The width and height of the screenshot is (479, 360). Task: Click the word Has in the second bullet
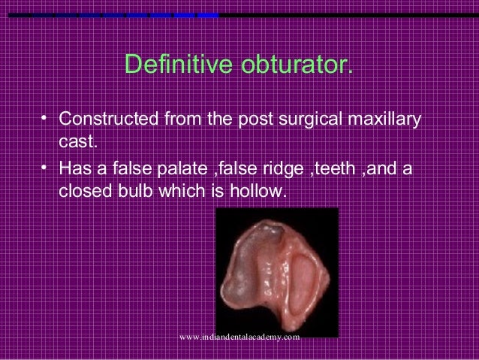coord(74,170)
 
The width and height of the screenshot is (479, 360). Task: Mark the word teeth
coord(342,170)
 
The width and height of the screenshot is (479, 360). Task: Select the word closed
coord(81,192)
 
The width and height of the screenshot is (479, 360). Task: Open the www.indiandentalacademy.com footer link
coord(240,337)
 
